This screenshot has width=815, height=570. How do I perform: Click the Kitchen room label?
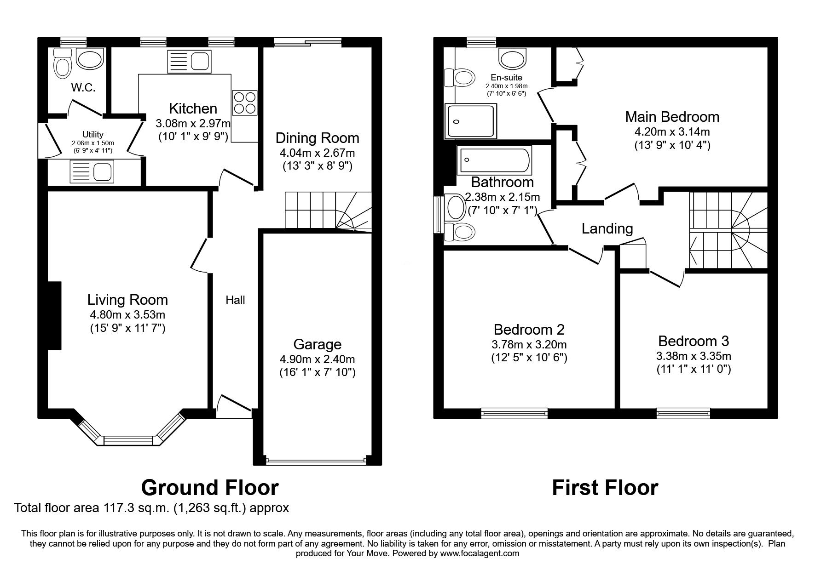tap(193, 108)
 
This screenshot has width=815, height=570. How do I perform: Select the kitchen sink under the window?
tap(189, 61)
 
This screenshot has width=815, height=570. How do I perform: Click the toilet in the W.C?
tap(62, 65)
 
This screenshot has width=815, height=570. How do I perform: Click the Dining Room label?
tap(317, 138)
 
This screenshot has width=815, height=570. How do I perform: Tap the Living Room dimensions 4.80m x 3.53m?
tap(127, 315)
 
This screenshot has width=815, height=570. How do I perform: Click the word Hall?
tap(235, 300)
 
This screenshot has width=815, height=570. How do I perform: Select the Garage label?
tap(317, 344)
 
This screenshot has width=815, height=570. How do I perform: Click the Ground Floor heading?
tap(209, 487)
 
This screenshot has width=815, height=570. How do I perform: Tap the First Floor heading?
tap(605, 487)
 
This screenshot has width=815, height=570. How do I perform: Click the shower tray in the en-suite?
tap(471, 121)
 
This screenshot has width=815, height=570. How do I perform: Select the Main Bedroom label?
tap(672, 117)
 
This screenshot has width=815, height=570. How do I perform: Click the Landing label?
tap(607, 228)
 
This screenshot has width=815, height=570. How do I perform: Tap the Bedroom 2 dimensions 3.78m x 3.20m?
tap(529, 344)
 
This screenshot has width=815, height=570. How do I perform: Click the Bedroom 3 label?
tap(694, 341)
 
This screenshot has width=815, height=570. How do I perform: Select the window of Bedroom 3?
tap(683, 413)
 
